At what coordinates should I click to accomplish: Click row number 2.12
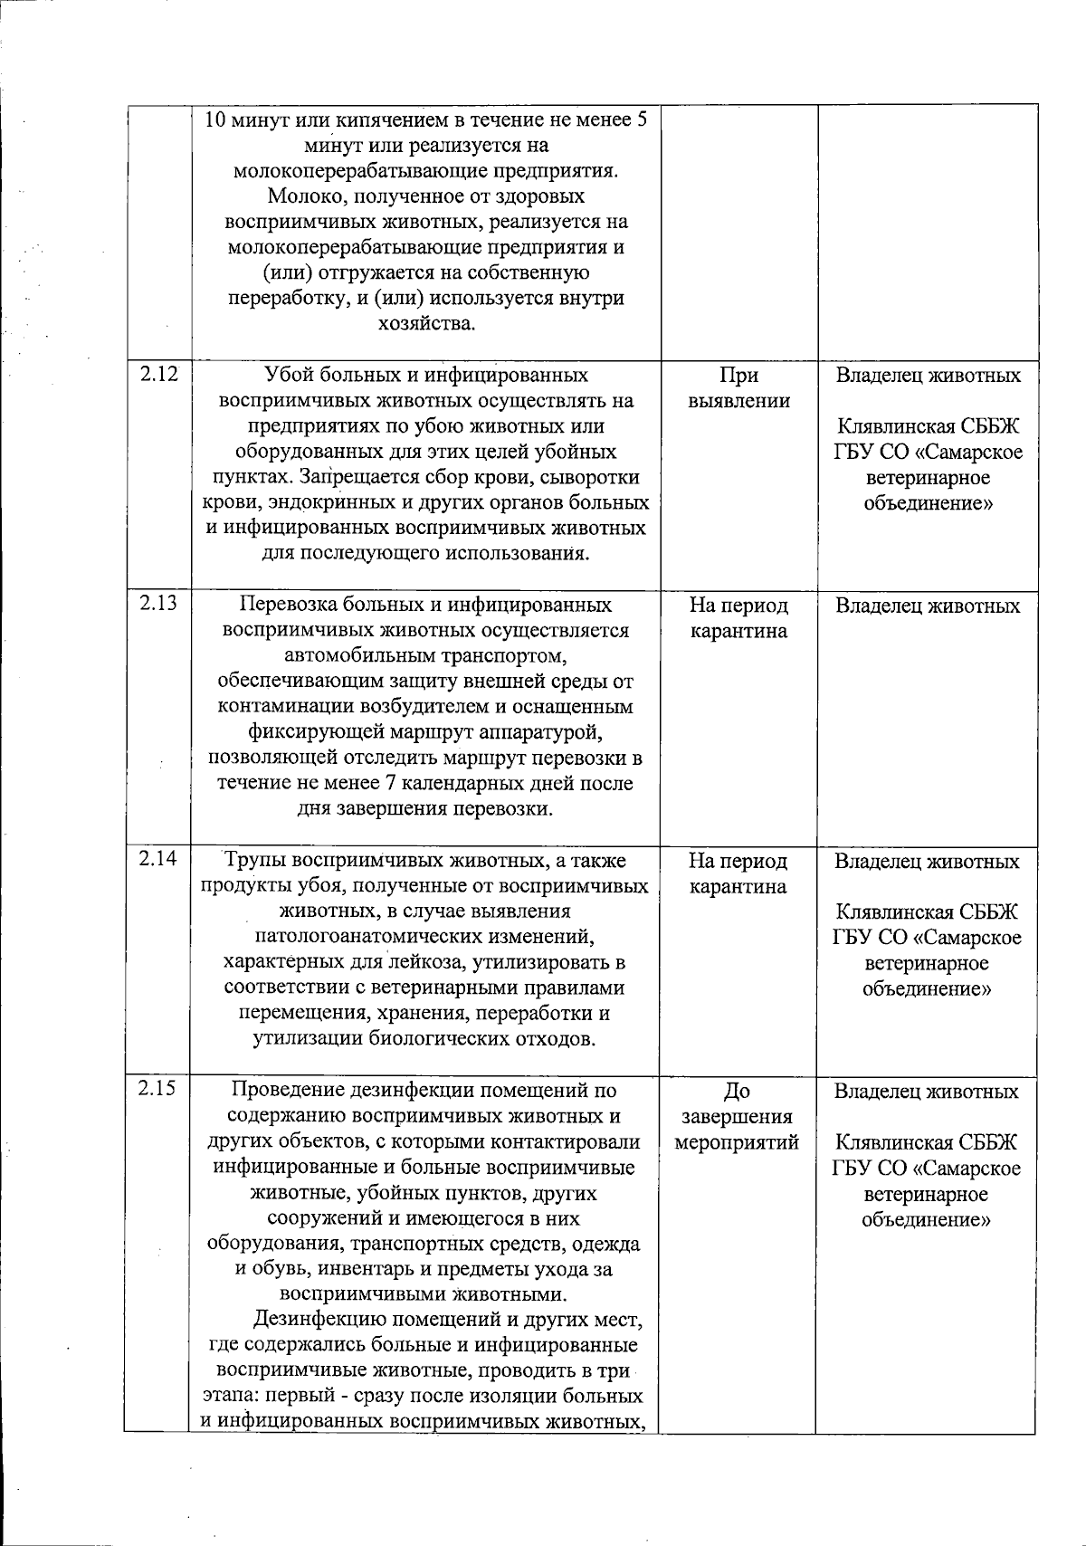click(x=158, y=374)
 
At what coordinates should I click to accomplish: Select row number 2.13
click(x=158, y=604)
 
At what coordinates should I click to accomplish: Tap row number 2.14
click(x=158, y=859)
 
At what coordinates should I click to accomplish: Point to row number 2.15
click(x=158, y=1089)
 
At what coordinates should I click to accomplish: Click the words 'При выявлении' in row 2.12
click(x=738, y=387)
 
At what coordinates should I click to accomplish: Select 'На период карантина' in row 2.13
click(x=738, y=617)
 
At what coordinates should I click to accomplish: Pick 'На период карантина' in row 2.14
click(x=738, y=873)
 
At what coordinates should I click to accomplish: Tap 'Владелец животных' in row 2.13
click(x=928, y=606)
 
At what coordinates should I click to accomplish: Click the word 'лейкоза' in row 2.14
click(x=431, y=961)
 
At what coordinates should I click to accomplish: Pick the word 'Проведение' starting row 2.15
click(x=284, y=1090)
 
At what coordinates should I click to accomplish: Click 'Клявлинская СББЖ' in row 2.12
click(x=928, y=426)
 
